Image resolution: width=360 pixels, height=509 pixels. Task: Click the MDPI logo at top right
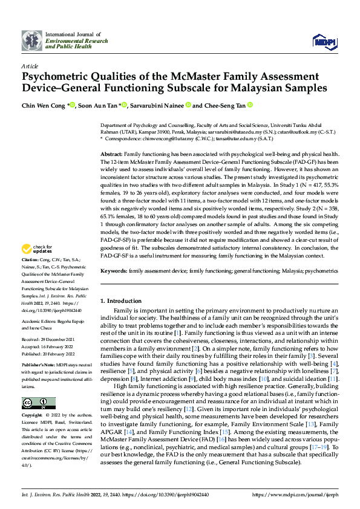click(324, 41)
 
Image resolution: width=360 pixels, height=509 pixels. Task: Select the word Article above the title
click(29, 65)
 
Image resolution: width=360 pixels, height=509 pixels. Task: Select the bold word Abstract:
click(111, 155)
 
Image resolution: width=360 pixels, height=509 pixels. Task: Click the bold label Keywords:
click(114, 271)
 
